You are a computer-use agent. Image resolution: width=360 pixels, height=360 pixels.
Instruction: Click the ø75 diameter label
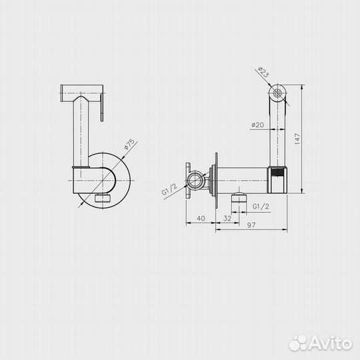coord(129,144)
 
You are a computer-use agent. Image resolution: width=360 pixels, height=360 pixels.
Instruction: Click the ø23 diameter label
coord(263,72)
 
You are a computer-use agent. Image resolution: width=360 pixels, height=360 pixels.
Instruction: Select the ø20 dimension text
coord(257,125)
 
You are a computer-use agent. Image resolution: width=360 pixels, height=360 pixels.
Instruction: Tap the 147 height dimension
coord(297,139)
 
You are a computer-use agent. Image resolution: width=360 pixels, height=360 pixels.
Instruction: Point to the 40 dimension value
coord(201,218)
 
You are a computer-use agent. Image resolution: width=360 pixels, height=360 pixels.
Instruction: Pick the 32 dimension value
coord(227,218)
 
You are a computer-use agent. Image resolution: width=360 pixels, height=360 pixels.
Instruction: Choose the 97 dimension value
coord(251,225)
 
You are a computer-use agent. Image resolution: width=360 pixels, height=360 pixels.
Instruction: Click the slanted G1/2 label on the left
coord(169,189)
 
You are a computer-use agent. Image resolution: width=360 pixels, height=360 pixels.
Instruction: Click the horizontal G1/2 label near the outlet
coord(261,207)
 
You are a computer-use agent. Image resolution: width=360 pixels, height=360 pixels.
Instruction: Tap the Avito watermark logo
coord(321,344)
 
